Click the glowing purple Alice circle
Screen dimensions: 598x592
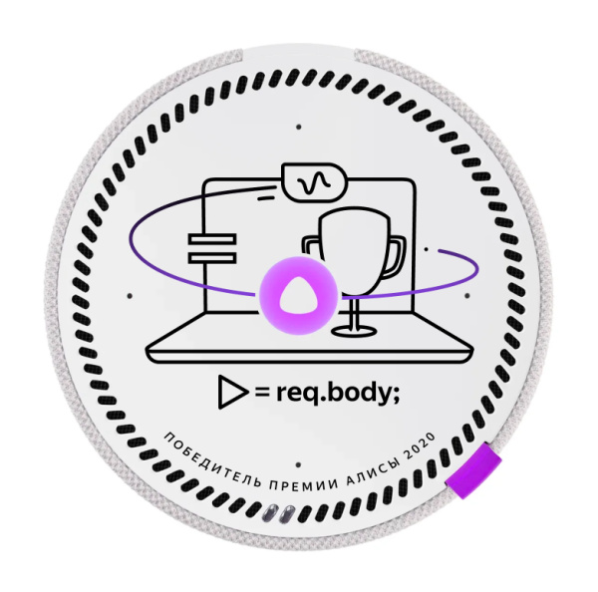point(298,296)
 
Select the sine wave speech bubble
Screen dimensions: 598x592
point(314,183)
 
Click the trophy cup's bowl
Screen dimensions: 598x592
point(353,252)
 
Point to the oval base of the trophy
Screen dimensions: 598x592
point(354,330)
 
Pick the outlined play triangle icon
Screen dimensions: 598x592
point(231,392)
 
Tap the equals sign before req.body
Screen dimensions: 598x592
point(263,393)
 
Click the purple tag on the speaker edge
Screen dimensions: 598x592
point(473,470)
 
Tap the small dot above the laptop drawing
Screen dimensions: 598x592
point(299,127)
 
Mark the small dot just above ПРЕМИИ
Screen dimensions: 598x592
point(298,465)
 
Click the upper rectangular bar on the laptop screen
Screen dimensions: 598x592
point(212,239)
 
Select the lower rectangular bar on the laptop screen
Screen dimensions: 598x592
point(212,258)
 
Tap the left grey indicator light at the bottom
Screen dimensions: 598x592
point(271,512)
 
